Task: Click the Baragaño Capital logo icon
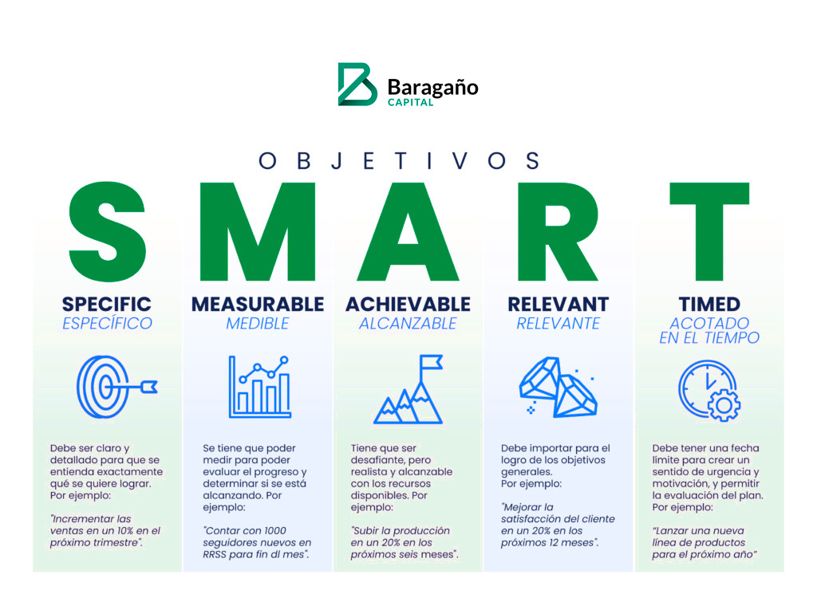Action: pos(357,84)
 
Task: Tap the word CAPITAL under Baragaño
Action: pos(410,102)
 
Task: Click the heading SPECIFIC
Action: pos(107,304)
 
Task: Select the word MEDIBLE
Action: pos(258,324)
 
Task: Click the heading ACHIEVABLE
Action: pos(408,304)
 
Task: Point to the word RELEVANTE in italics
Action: pos(558,324)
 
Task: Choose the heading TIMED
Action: pos(709,304)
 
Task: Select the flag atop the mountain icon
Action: pos(431,365)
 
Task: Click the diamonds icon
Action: pos(558,387)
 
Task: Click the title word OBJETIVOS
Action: pos(400,160)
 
